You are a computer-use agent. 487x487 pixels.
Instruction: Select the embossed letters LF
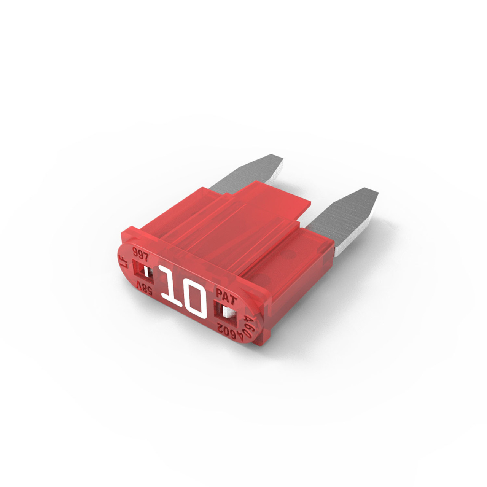123,262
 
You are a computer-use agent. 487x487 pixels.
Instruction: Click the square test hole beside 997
143,272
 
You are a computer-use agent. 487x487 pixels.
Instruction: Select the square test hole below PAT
225,312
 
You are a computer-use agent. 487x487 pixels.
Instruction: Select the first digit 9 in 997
135,251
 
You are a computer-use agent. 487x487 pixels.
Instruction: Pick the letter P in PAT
219,293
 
